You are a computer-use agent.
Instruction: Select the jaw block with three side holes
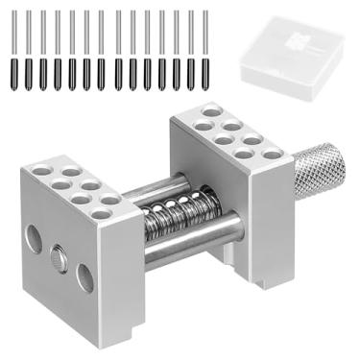[x=72, y=230]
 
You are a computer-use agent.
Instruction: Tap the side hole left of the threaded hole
[x=34, y=240]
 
